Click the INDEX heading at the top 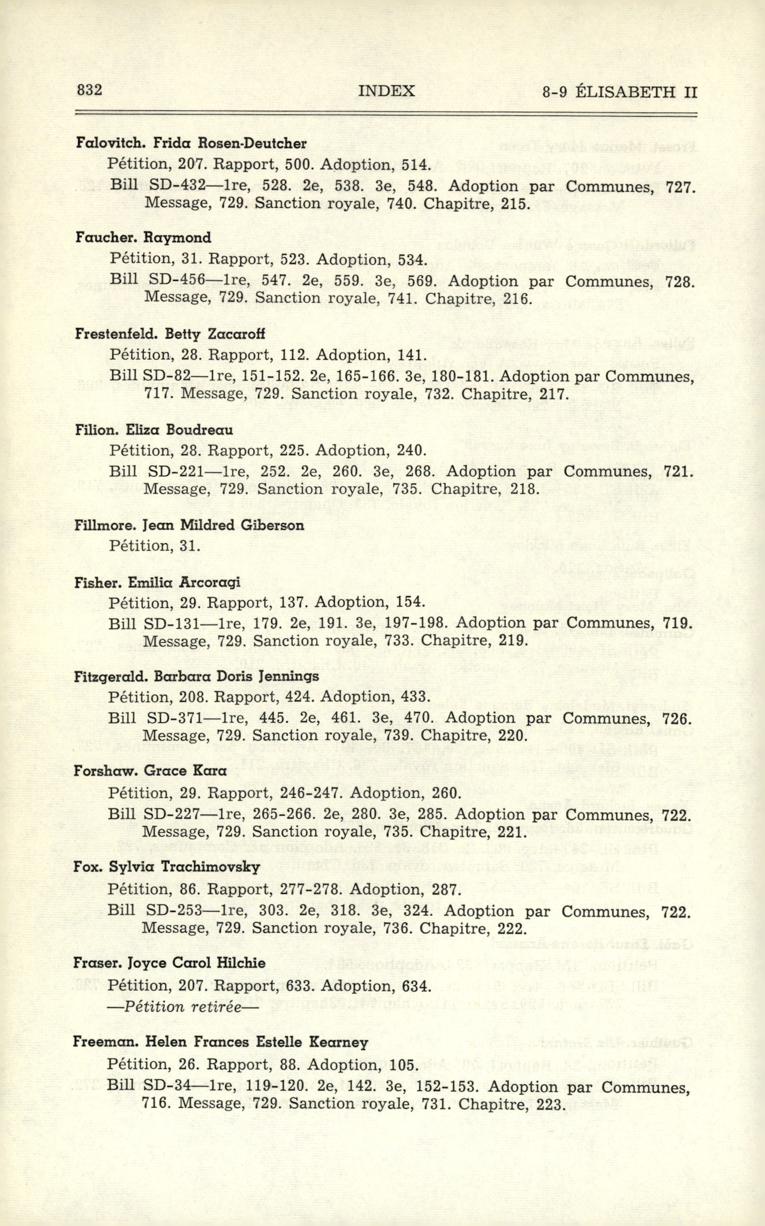386,91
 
